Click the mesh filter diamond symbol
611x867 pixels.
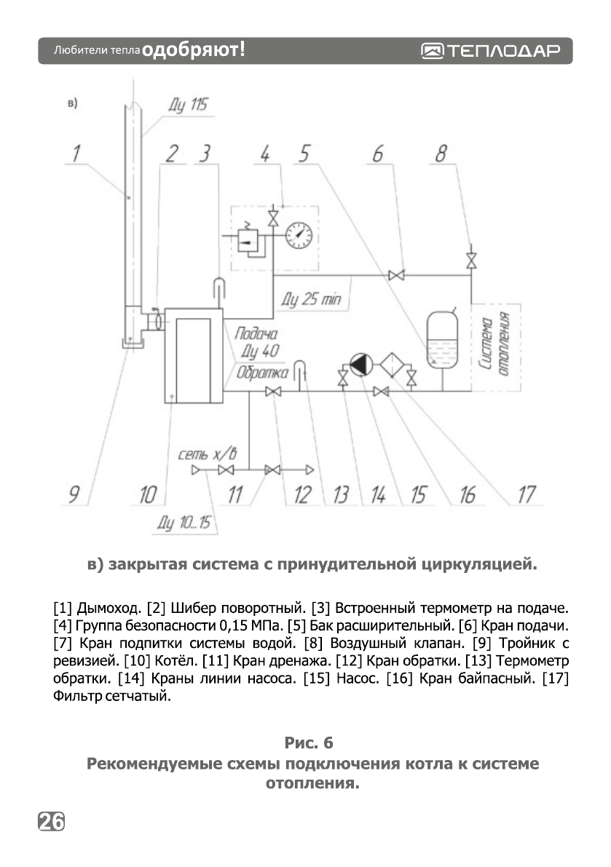point(394,365)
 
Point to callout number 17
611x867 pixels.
point(526,495)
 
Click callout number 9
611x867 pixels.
point(74,496)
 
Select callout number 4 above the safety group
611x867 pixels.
point(266,154)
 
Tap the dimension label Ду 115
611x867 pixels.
point(187,106)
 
